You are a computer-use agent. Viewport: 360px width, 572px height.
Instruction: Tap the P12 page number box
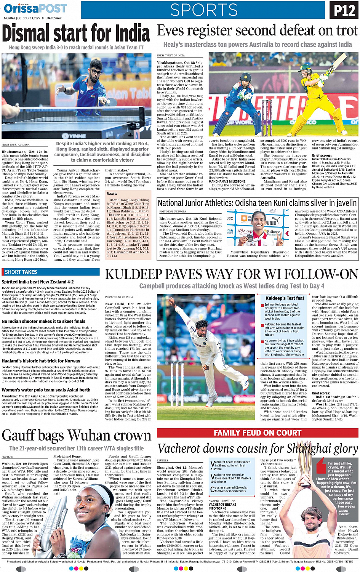pyautogui.click(x=344, y=10)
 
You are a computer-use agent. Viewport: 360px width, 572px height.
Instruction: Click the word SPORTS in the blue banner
pyautogui.click(x=204, y=10)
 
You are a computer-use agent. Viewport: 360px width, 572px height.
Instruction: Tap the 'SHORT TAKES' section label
pyautogui.click(x=21, y=272)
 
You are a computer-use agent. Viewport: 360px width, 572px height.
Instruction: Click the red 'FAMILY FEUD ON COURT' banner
pyautogui.click(x=258, y=433)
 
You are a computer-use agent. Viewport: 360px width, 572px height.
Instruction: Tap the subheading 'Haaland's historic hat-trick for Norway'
pyautogui.click(x=41, y=361)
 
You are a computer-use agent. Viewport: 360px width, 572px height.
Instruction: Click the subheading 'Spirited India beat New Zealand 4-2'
pyautogui.click(x=38, y=282)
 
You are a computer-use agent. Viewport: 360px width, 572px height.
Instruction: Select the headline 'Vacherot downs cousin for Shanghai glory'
pyautogui.click(x=258, y=449)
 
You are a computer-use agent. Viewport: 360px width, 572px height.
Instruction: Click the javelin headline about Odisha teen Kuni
pyautogui.click(x=257, y=203)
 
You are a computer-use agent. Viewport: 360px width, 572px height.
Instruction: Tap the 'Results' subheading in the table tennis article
pyautogui.click(x=112, y=194)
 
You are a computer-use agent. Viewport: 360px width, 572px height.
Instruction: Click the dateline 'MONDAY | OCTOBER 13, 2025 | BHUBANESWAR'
pyautogui.click(x=33, y=18)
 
